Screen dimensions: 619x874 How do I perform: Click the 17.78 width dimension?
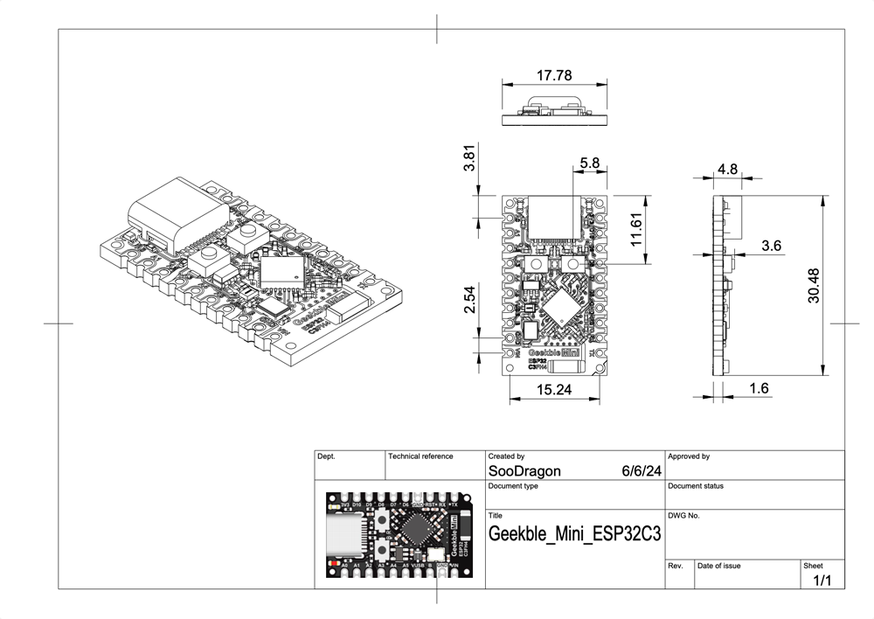[x=552, y=73]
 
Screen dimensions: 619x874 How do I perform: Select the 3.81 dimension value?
[x=469, y=162]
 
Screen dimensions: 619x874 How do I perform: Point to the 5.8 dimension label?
[x=590, y=163]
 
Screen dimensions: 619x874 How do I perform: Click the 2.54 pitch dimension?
[x=469, y=299]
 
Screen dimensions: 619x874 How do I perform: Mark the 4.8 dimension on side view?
[x=728, y=168]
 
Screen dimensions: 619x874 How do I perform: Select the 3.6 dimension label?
[x=771, y=247]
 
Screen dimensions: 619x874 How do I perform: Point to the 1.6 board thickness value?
[x=759, y=388]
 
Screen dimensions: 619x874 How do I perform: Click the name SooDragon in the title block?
[x=524, y=471]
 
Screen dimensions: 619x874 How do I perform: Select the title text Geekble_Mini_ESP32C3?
[x=573, y=534]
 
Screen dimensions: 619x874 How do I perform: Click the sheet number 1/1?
[x=822, y=581]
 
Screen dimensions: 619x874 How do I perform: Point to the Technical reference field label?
[x=420, y=456]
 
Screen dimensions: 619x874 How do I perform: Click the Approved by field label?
[x=689, y=456]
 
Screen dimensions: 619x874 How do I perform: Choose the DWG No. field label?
[x=683, y=516]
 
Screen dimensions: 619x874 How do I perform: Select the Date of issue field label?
[x=719, y=566]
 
